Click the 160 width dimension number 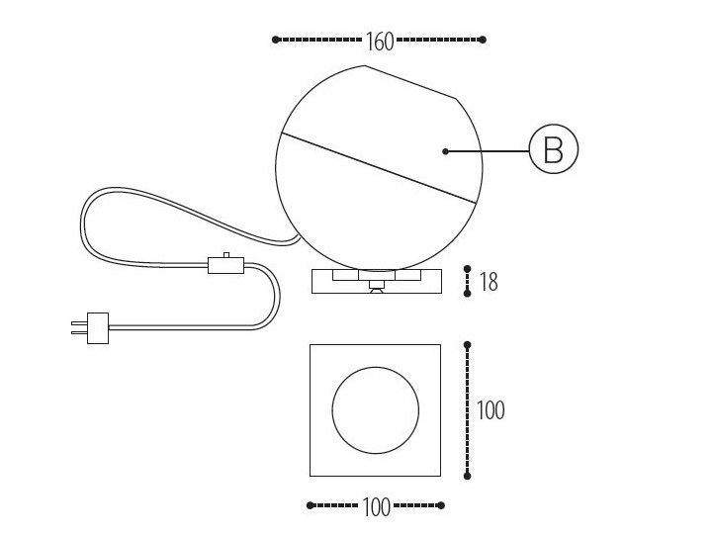(380, 42)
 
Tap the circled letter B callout (553, 150)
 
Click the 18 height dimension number (488, 282)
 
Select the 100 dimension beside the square (490, 409)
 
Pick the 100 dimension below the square (377, 507)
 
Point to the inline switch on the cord (224, 264)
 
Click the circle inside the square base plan (375, 410)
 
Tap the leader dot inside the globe (446, 151)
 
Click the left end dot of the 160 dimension (275, 40)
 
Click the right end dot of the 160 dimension (483, 40)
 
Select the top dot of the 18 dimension (468, 268)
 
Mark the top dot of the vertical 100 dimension (468, 345)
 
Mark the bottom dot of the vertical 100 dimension (468, 476)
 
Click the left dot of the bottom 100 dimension (311, 505)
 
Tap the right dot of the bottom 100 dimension (441, 505)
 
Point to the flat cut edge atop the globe (410, 82)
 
